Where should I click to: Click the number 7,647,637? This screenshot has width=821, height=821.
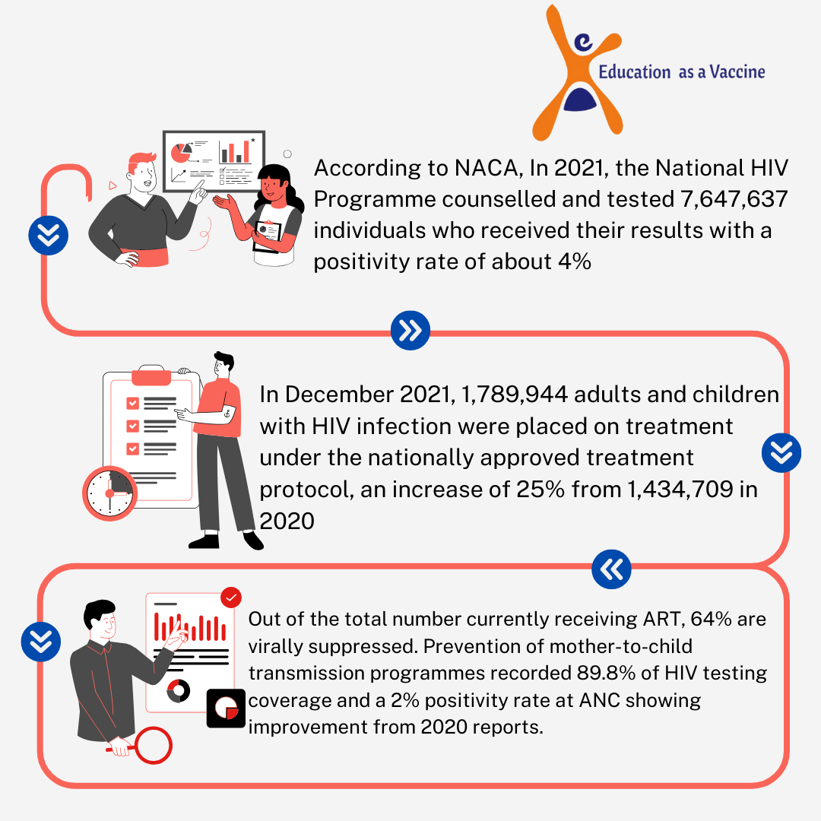coord(734,199)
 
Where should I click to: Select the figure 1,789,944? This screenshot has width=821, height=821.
coord(514,395)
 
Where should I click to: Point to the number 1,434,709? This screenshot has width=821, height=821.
coord(680,489)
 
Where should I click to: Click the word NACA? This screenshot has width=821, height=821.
coord(486,168)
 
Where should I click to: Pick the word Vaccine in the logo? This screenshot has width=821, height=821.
coord(737,71)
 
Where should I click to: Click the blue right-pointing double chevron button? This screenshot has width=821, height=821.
coord(410,331)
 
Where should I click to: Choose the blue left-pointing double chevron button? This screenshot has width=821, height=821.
coord(611,569)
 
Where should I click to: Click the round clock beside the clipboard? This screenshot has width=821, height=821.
coord(110,493)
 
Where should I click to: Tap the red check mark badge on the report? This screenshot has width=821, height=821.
coord(231,598)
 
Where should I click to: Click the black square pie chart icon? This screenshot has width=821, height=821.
coord(227,708)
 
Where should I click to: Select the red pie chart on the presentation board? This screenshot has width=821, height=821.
coord(181,153)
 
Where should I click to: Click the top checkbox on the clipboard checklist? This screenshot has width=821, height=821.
coord(132,403)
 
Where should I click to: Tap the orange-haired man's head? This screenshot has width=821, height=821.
coord(142,171)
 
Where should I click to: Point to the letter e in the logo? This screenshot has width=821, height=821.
coord(583,43)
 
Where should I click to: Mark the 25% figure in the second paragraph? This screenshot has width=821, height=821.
coord(540,489)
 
